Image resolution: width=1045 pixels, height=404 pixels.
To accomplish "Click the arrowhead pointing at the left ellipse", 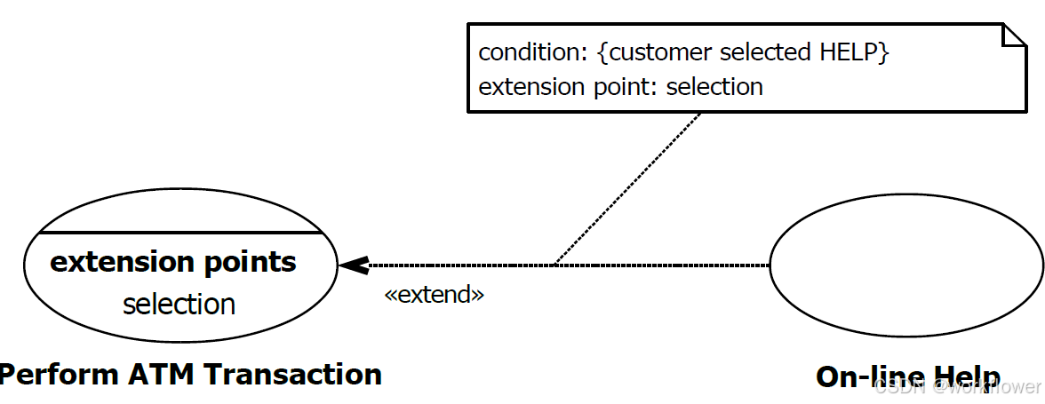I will pos(353,265).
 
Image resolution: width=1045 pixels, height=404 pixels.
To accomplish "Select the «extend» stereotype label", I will pos(434,295).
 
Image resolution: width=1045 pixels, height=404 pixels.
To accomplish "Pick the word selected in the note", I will pos(765,52).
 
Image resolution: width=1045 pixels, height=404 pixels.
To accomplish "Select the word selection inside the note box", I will pos(714,87).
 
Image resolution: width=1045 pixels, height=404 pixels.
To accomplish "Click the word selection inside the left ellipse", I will pos(179,304).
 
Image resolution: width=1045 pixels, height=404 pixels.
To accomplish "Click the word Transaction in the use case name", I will pos(297,374).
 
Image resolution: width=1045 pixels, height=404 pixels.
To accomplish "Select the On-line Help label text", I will pos(907,376).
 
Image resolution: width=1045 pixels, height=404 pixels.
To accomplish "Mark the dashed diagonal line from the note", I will pos(627,189).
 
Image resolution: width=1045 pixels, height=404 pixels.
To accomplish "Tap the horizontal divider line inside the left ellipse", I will pos(179,233).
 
